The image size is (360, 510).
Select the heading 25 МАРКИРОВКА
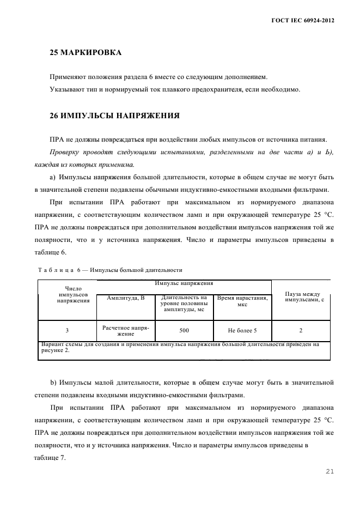pos(86,53)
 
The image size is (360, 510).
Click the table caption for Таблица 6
pos(109,270)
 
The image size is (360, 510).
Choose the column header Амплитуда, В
pos(126,298)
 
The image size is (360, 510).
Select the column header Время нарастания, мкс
pos(242,301)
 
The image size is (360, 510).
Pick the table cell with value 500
pos(185,330)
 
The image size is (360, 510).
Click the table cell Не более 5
pos(242,330)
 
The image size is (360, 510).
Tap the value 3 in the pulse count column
pos(67,330)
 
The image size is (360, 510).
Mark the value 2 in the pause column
pos(301,330)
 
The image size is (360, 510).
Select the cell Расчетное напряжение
pos(126,330)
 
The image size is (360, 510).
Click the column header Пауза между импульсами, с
pos(301,296)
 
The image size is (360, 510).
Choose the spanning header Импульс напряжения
pos(184,283)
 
